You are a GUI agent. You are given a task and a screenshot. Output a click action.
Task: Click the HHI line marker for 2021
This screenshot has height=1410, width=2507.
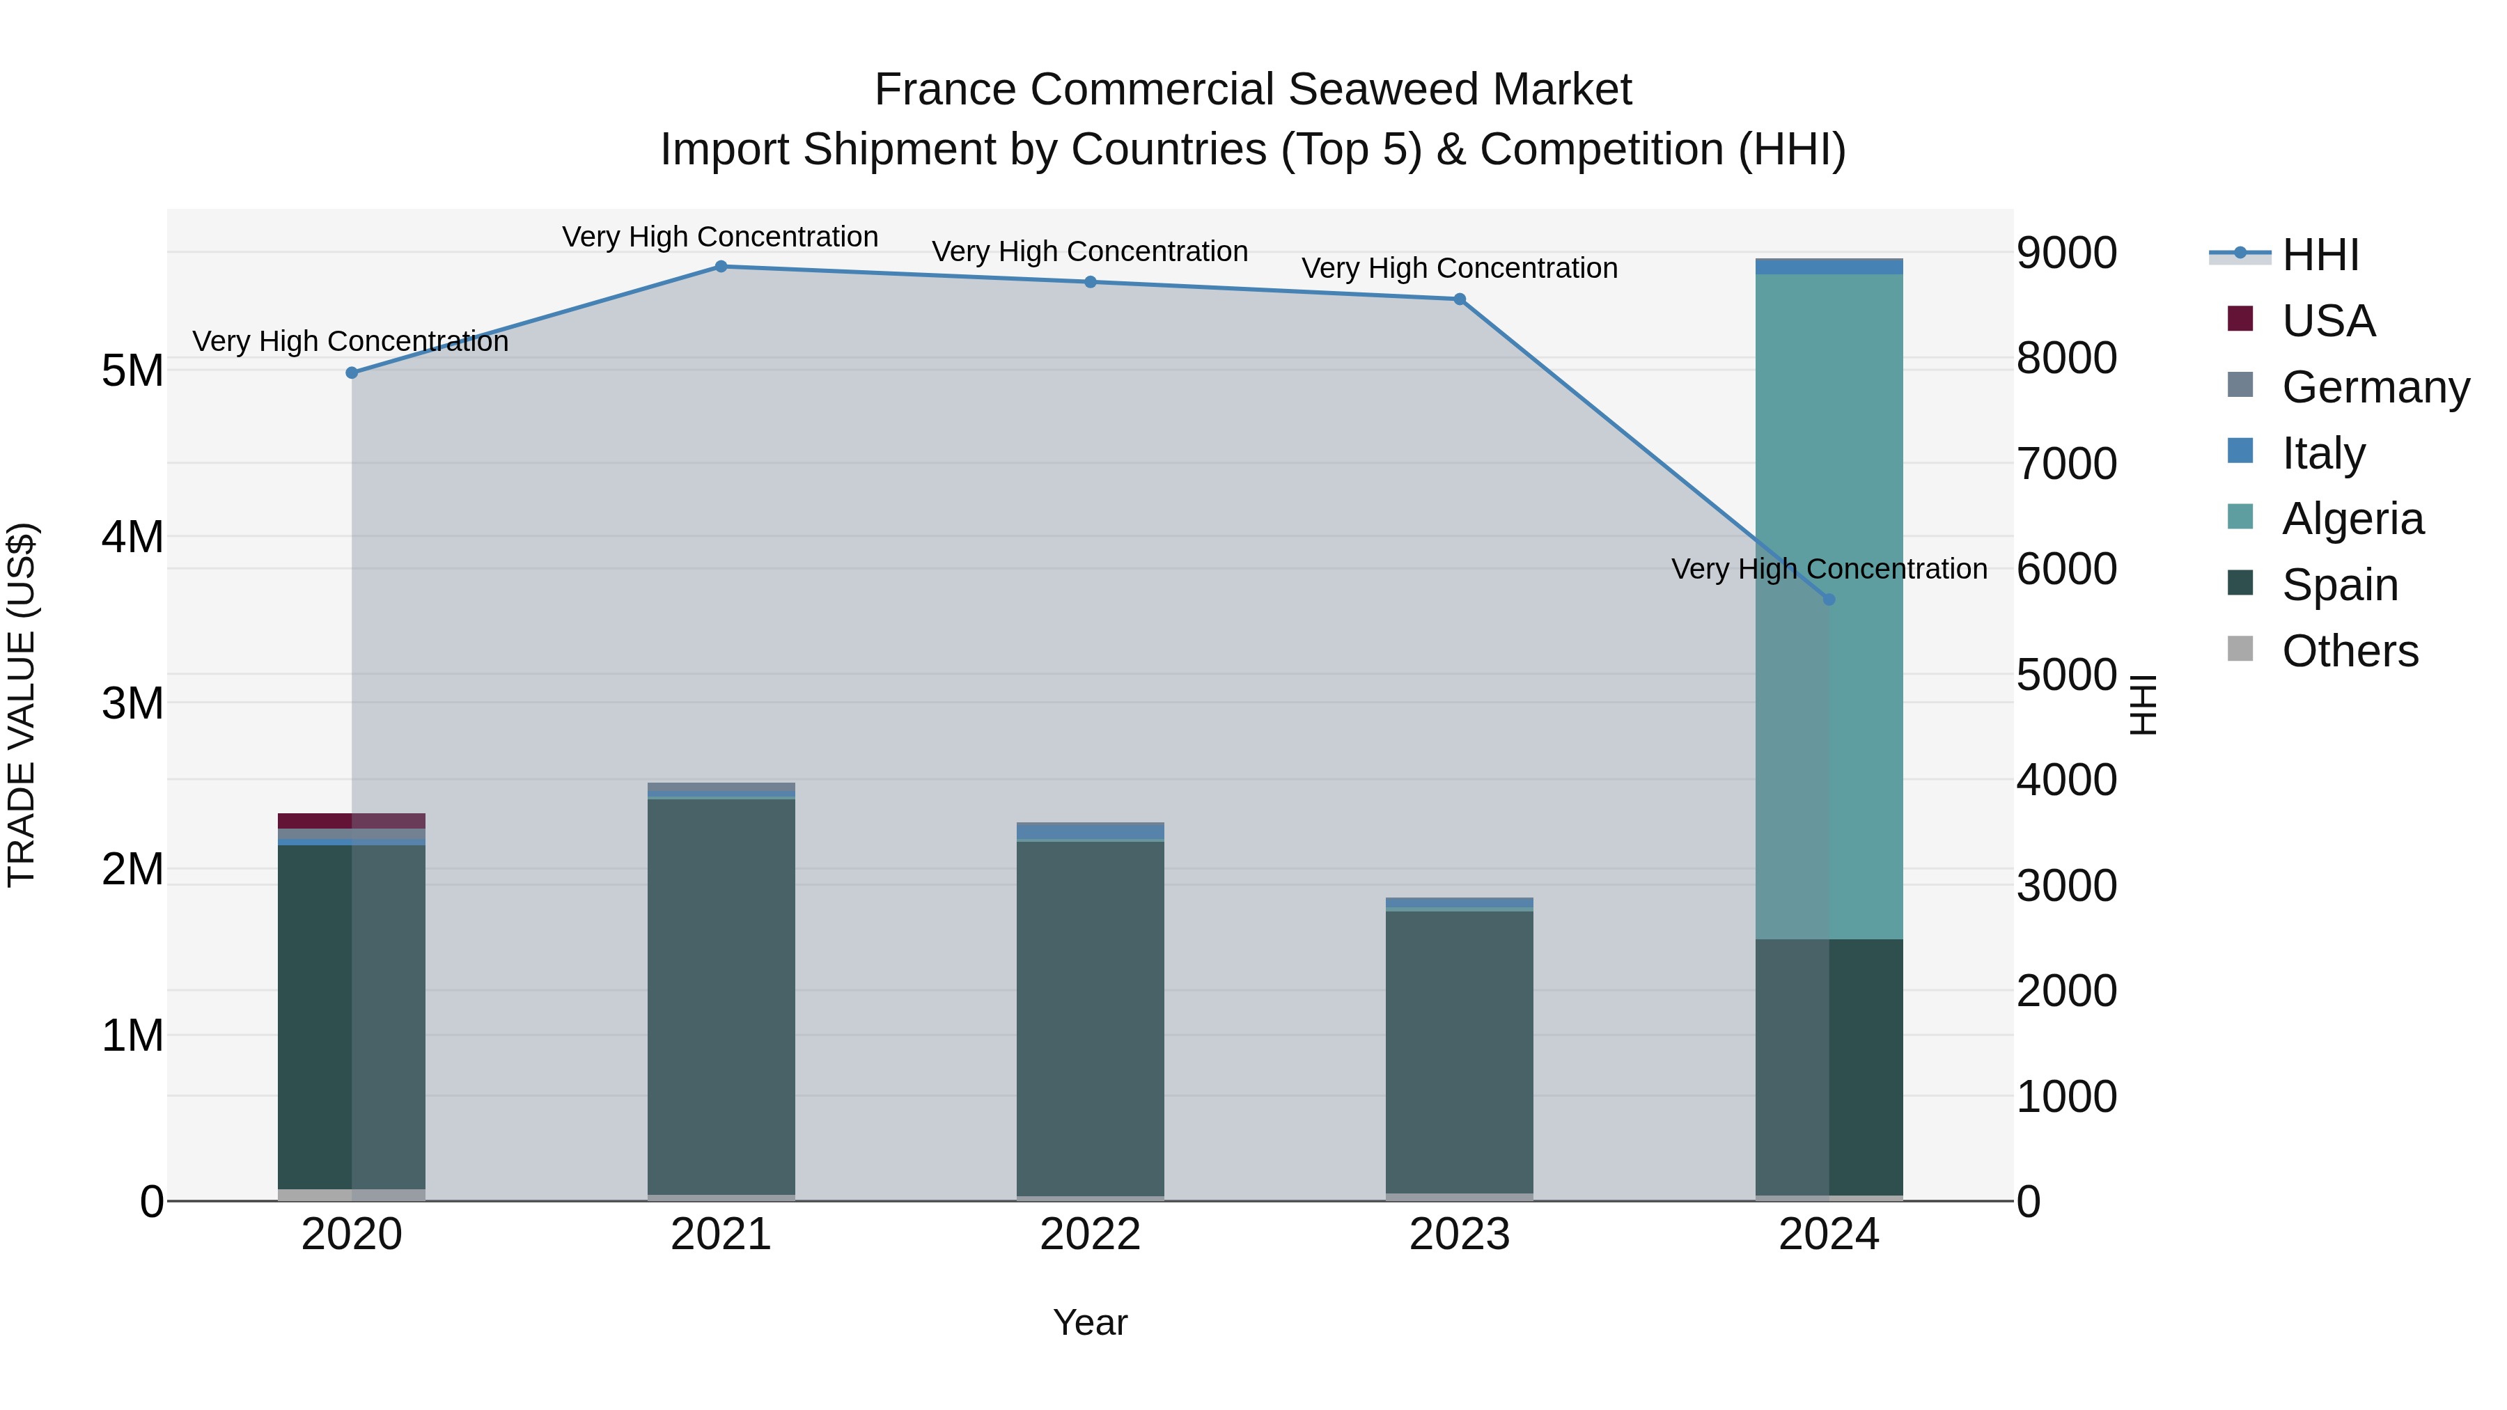(x=721, y=267)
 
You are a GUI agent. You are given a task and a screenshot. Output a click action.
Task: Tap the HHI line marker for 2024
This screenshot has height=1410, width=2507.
(x=1829, y=600)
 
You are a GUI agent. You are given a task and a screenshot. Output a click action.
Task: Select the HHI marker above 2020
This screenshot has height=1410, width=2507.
(x=352, y=373)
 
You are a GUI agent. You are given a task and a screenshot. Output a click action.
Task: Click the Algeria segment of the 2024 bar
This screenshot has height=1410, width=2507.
(x=1829, y=603)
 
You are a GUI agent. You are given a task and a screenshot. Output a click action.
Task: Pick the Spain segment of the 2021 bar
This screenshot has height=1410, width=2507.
(x=721, y=992)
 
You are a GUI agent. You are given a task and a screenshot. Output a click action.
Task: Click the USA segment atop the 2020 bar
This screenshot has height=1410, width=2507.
(x=352, y=820)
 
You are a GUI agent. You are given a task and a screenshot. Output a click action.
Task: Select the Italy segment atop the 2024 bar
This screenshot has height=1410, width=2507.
(x=1829, y=267)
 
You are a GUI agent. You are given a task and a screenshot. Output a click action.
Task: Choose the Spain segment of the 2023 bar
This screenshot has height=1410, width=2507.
(x=1459, y=1051)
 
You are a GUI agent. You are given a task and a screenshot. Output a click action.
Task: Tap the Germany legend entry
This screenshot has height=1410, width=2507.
(x=2375, y=386)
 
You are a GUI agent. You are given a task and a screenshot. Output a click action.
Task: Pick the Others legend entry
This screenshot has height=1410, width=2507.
(x=2350, y=651)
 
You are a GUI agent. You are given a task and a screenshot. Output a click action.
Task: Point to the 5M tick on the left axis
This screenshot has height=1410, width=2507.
(x=132, y=370)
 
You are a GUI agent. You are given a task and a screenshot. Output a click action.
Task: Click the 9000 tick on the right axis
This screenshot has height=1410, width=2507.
(x=2066, y=253)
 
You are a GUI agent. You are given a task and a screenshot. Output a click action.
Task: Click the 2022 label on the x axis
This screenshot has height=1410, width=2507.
(x=1090, y=1235)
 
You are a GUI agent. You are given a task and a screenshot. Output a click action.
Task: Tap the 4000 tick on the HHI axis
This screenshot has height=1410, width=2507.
(x=2066, y=781)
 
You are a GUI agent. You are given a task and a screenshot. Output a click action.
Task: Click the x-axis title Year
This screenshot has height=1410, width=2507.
(x=1090, y=1322)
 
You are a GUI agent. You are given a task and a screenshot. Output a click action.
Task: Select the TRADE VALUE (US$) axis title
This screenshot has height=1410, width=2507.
(x=22, y=705)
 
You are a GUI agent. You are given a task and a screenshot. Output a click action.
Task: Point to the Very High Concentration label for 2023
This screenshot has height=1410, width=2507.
(x=1459, y=269)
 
